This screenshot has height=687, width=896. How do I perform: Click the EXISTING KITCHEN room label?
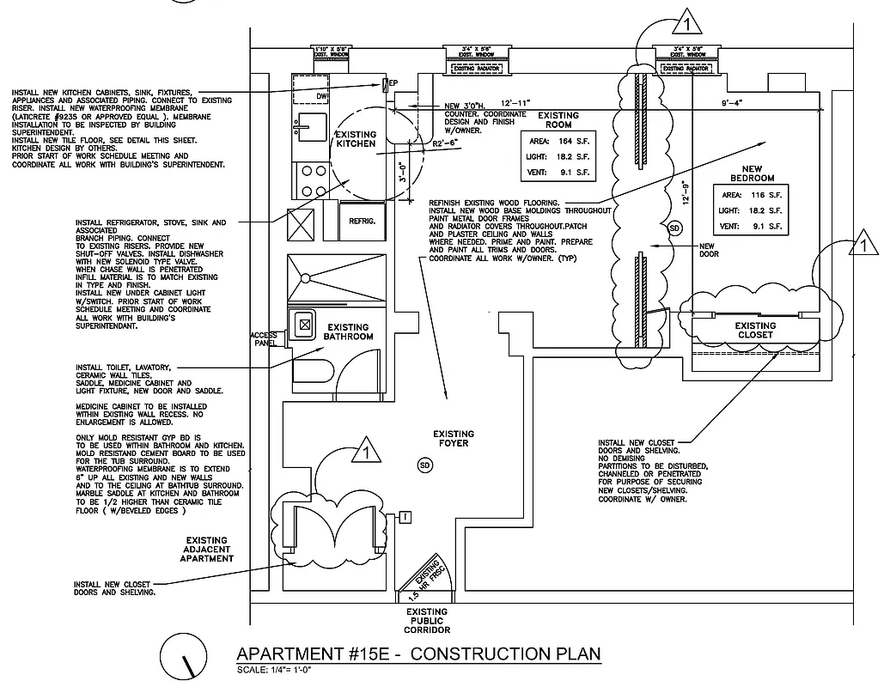click(x=355, y=139)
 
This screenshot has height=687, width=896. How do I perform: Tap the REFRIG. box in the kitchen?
click(x=361, y=221)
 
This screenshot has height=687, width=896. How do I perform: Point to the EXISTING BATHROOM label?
click(x=349, y=331)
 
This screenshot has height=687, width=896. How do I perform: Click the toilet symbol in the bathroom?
click(x=313, y=370)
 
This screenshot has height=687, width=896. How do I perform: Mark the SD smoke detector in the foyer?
click(x=424, y=465)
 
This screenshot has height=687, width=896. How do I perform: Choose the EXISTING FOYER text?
click(x=453, y=439)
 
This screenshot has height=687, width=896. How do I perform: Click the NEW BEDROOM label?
click(x=752, y=173)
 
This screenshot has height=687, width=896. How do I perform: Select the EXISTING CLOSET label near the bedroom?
click(x=755, y=330)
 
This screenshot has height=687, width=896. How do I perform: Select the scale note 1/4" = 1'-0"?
click(x=274, y=670)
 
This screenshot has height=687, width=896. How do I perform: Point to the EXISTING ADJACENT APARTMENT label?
click(x=207, y=549)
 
